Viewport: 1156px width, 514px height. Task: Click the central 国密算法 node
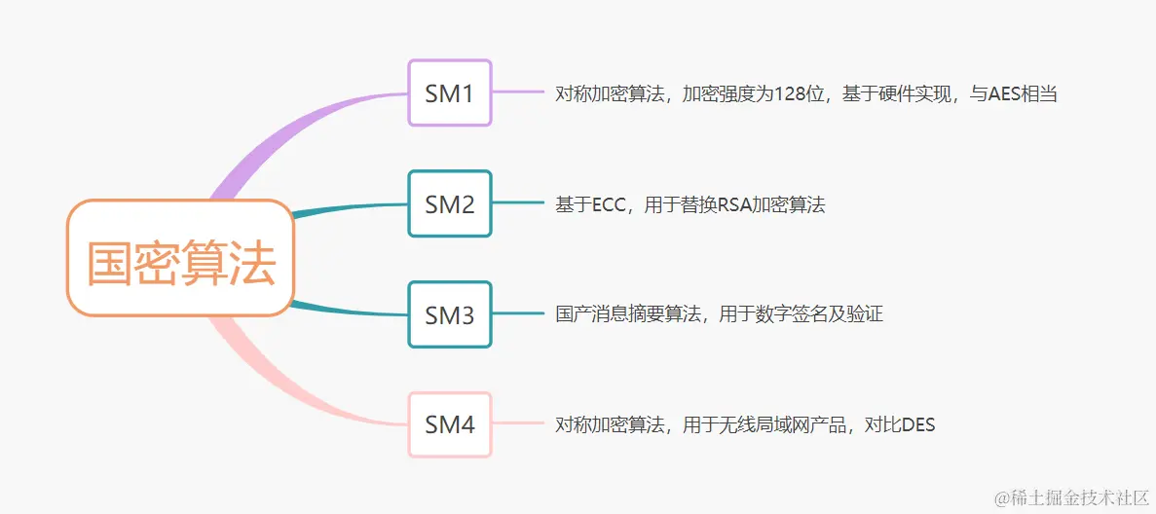[x=180, y=258]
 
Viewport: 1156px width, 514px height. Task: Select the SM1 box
[x=449, y=92]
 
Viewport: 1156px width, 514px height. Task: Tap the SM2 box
[x=449, y=204]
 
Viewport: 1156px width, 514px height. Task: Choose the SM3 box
[x=449, y=315]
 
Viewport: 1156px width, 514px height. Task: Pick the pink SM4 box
[x=449, y=424]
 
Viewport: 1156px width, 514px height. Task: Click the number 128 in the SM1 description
[x=791, y=94]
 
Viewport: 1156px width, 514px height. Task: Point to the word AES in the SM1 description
[x=1004, y=94]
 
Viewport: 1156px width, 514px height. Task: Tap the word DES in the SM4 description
[x=918, y=425]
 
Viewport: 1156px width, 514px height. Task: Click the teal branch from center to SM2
[x=351, y=207]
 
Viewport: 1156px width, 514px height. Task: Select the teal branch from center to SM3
[x=351, y=311]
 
